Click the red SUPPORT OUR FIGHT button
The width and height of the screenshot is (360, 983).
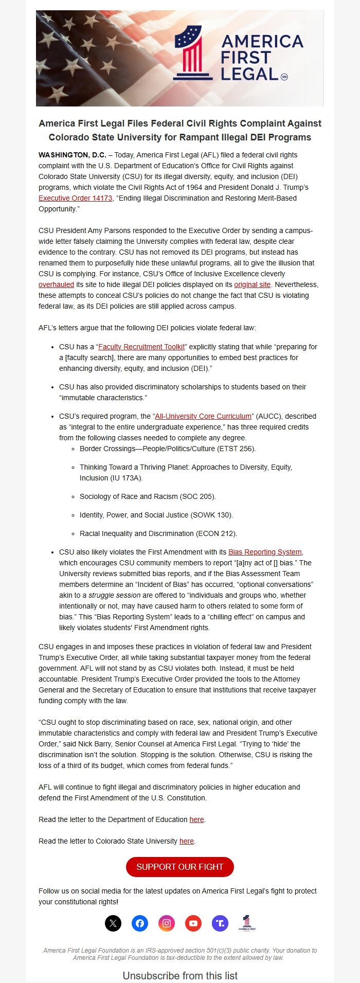[180, 867]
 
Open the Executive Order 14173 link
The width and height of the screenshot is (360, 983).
[75, 198]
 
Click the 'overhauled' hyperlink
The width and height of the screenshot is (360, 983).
[56, 284]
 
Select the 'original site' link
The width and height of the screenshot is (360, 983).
[252, 284]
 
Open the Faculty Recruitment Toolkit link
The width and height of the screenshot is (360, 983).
[141, 347]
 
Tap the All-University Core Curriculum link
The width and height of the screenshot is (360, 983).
[203, 416]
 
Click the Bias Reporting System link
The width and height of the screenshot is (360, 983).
[265, 552]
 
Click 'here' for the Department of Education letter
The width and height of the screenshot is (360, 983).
[196, 819]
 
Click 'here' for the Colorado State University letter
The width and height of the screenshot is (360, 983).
[186, 841]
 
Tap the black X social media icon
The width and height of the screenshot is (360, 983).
[113, 923]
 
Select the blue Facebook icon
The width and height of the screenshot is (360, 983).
[140, 923]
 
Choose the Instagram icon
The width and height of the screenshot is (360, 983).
[167, 923]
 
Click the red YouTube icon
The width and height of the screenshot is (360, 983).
[193, 923]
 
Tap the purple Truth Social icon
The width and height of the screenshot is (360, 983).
[220, 923]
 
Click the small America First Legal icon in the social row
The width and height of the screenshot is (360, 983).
[247, 923]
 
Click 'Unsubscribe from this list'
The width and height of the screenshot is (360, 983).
[180, 976]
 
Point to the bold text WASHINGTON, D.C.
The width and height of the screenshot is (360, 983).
[72, 155]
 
